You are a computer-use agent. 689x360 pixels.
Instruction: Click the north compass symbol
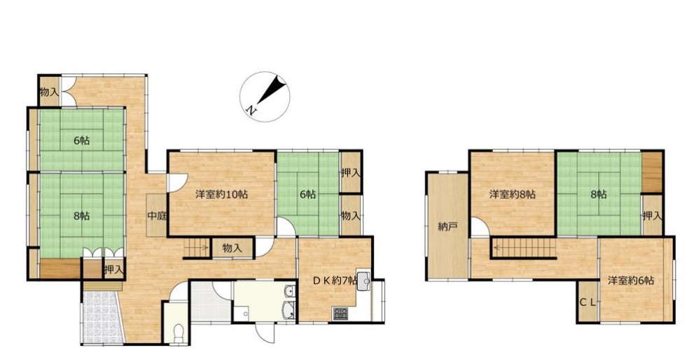(265, 97)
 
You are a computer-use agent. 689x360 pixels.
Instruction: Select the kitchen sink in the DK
(364, 281)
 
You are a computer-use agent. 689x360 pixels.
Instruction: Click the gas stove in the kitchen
(340, 313)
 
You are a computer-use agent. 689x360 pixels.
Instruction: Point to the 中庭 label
(156, 216)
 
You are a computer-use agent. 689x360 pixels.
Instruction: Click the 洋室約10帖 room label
(221, 194)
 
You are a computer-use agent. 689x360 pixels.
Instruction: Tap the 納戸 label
(447, 226)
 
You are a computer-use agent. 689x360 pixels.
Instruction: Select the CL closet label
(587, 302)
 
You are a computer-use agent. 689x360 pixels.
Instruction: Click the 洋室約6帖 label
(631, 280)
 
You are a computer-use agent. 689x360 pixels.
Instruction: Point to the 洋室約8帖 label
(513, 194)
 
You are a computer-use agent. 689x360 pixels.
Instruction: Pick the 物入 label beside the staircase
(232, 248)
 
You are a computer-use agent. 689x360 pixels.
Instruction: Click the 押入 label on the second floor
(652, 216)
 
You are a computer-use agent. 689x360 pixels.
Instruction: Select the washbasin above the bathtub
(288, 291)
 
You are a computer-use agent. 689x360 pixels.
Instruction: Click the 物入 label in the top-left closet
(49, 92)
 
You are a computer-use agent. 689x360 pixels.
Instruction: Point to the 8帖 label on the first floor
(82, 216)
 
